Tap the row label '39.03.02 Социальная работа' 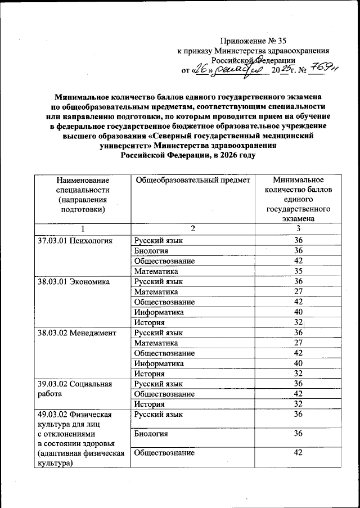point(71,389)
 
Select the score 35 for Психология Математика point(298,271)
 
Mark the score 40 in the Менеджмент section point(298,363)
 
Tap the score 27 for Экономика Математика point(298,291)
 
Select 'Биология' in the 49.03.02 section point(151,434)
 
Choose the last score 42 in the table point(298,454)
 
